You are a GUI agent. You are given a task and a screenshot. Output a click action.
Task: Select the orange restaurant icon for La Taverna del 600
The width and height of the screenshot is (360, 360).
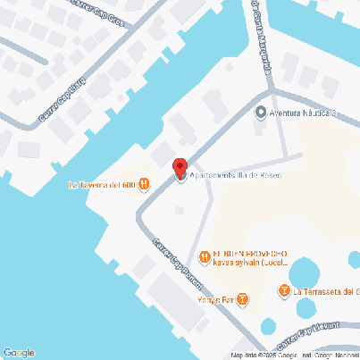pyautogui.click(x=145, y=186)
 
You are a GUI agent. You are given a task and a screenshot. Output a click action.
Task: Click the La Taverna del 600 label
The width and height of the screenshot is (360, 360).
pyautogui.click(x=102, y=186)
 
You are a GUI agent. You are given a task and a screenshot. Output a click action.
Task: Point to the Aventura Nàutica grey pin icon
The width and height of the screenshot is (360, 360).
pyautogui.click(x=261, y=113)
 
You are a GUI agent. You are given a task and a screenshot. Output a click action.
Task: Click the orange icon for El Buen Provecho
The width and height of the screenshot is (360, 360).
pyautogui.click(x=205, y=257)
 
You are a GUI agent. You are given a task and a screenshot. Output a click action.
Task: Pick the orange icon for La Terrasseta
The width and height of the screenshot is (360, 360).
pyautogui.click(x=285, y=291)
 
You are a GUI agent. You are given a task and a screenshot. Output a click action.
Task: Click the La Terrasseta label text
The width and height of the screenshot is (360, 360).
pyautogui.click(x=327, y=291)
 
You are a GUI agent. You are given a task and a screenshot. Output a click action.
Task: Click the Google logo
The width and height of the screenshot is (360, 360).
pyautogui.click(x=18, y=352)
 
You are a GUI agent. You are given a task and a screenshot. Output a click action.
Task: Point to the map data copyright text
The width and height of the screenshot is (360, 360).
pyautogui.click(x=295, y=356)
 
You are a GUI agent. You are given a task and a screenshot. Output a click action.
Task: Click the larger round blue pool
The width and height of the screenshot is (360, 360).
pyautogui.click(x=305, y=272)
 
